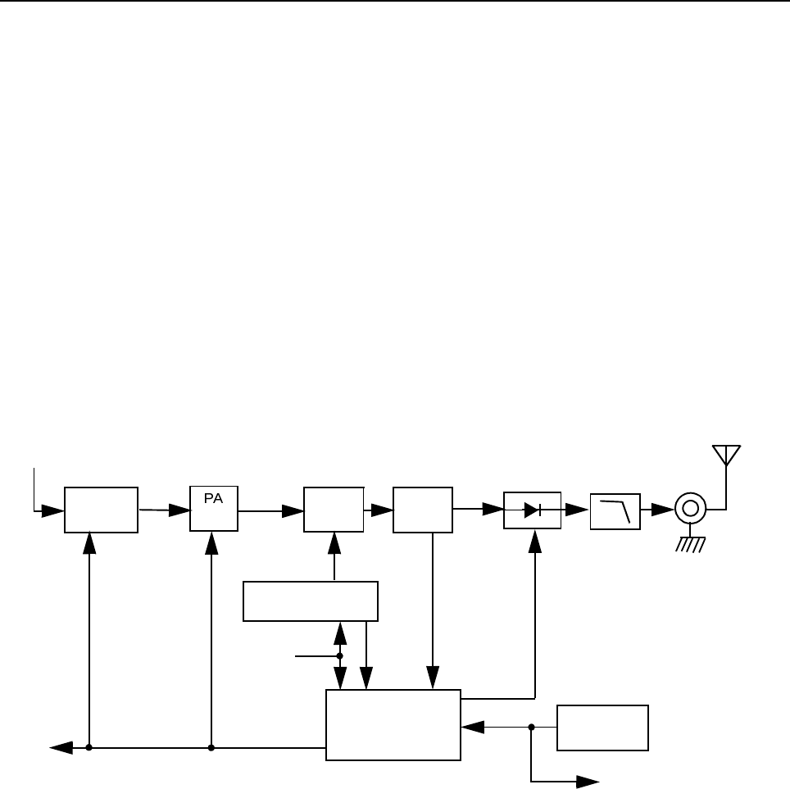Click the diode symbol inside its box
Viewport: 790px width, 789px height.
click(532, 510)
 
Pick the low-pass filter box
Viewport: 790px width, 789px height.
click(615, 510)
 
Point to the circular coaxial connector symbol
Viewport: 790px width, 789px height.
click(690, 509)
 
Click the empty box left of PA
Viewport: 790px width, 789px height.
click(101, 510)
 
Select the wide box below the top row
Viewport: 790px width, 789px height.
click(311, 601)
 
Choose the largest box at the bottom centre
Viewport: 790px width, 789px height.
click(393, 725)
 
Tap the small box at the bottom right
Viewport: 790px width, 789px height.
click(602, 727)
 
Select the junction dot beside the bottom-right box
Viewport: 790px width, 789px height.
click(532, 727)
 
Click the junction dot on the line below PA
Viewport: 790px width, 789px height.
click(211, 747)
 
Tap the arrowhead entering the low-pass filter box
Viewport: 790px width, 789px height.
click(581, 510)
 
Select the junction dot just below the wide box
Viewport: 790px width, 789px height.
click(340, 655)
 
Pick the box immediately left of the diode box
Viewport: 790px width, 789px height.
click(422, 510)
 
